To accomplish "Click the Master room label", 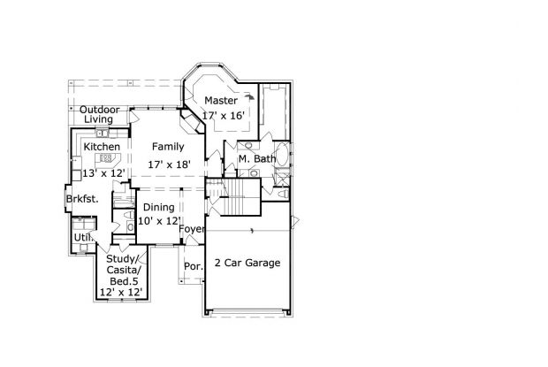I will pos(220,101).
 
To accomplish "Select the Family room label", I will pos(167,146).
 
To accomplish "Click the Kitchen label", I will pos(102,146).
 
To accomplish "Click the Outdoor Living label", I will pos(100,114).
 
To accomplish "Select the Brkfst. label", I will pos(82,199).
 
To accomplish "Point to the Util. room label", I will pos(83,238).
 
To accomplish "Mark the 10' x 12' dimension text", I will pos(159,220).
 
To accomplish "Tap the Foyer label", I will pos(192,229).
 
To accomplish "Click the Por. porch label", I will pos(192,266).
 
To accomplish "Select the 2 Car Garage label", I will pos(248,263).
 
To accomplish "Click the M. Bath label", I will pos(257,159).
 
